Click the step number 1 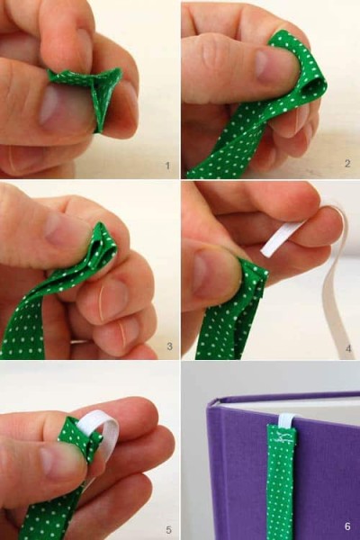coord(167,166)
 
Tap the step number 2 coord(347,163)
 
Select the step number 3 coord(169,346)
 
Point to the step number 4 coord(348,348)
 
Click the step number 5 coord(168,529)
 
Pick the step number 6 coord(347,526)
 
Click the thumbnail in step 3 coord(64,229)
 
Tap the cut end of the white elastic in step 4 coord(265,250)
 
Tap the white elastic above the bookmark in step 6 coord(285,420)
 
